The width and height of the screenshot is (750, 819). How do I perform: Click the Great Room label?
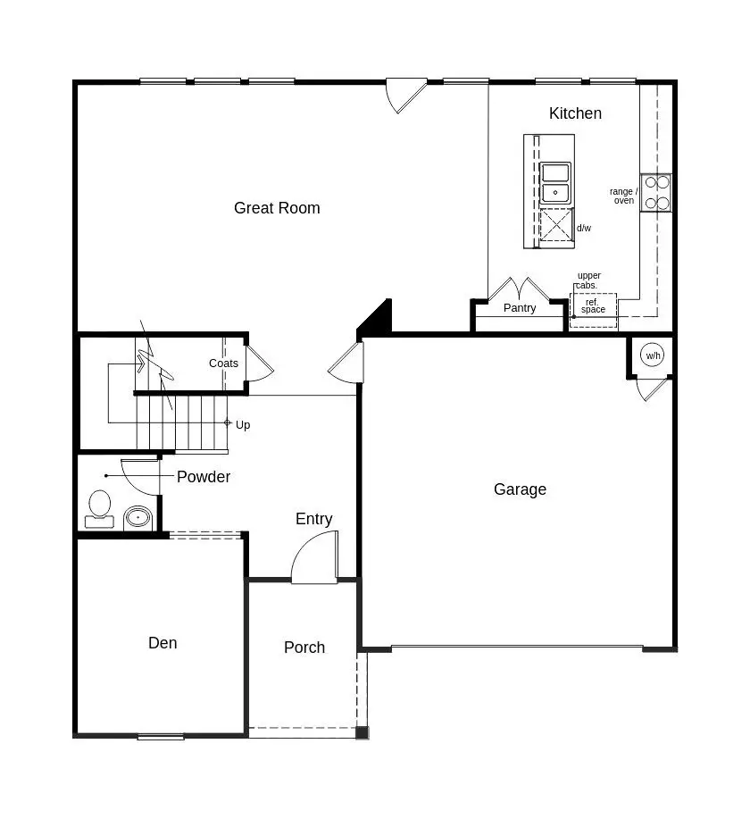tap(277, 208)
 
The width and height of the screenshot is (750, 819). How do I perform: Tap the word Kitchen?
tap(575, 113)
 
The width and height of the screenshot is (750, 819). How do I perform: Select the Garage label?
tap(520, 489)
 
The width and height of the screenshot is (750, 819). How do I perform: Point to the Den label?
tap(162, 643)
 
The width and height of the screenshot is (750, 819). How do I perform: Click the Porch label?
tap(304, 648)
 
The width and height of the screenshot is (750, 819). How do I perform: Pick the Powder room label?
tap(204, 477)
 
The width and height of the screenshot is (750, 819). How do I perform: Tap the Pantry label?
tap(520, 308)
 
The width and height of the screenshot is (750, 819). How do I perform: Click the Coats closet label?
tap(223, 364)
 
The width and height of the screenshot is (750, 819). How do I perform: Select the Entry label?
tap(314, 519)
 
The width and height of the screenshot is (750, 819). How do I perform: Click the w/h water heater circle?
tap(654, 356)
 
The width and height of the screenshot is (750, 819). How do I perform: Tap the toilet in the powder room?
tap(99, 507)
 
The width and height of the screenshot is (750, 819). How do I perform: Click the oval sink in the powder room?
tap(137, 517)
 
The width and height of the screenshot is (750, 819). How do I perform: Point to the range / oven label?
tap(623, 196)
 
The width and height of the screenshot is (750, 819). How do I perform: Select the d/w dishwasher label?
tap(584, 229)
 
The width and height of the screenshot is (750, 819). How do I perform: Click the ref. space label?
tap(593, 306)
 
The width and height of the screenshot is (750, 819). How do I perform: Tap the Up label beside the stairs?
tap(243, 425)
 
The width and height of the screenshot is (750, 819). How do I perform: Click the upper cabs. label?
tap(588, 280)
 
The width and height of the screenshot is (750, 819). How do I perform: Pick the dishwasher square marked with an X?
tap(557, 225)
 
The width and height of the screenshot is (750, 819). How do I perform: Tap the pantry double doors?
tap(520, 290)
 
